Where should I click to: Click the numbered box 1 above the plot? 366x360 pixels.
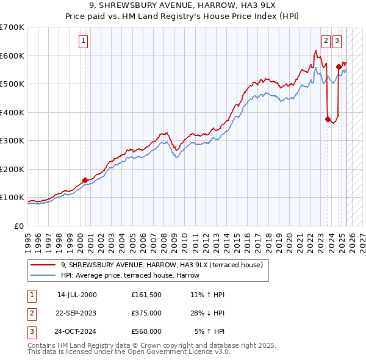(83, 41)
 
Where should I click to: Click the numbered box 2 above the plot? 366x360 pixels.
(326, 41)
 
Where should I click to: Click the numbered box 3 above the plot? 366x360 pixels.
(337, 41)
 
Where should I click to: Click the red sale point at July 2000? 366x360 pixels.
(85, 180)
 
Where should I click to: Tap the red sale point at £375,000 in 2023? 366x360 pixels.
(328, 120)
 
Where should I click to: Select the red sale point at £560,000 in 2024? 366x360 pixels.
(339, 67)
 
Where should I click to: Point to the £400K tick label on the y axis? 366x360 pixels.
(12, 112)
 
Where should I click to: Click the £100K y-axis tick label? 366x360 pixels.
(12, 198)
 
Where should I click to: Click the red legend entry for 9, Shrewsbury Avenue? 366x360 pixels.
(161, 265)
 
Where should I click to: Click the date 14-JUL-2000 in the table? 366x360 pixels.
(77, 295)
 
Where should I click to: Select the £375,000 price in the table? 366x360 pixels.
(146, 313)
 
